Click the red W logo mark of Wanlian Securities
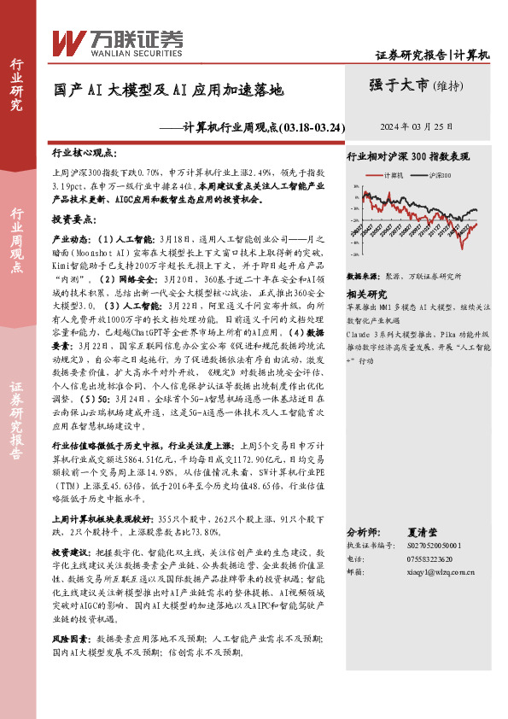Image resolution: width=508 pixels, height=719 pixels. click(68, 41)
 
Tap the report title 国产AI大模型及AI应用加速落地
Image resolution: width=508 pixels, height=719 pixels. click(167, 88)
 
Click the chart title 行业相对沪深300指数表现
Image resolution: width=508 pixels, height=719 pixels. click(407, 158)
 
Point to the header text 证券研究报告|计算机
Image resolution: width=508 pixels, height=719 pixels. click(433, 55)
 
